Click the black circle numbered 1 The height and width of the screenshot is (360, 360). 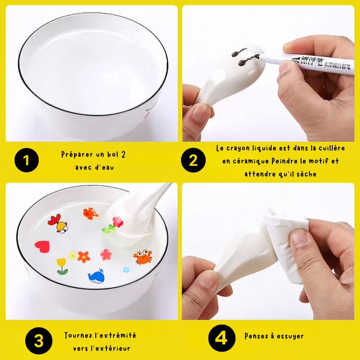pos(27,160)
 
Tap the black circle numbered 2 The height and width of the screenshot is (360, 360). pos(193,160)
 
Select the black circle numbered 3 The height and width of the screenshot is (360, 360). pos(39,341)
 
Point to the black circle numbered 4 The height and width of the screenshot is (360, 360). pos(222,338)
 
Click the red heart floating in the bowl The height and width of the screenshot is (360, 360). pos(42,246)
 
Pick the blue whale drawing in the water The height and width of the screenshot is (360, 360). pos(97,276)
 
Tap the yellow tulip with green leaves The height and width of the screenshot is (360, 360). pos(62,266)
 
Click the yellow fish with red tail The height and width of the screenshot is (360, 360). pos(58,224)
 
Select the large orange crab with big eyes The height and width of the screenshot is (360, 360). pos(143,257)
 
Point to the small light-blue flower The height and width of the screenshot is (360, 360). pos(126,270)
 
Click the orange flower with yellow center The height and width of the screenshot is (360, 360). pos(84,257)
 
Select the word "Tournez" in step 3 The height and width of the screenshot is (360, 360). pos(78,335)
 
